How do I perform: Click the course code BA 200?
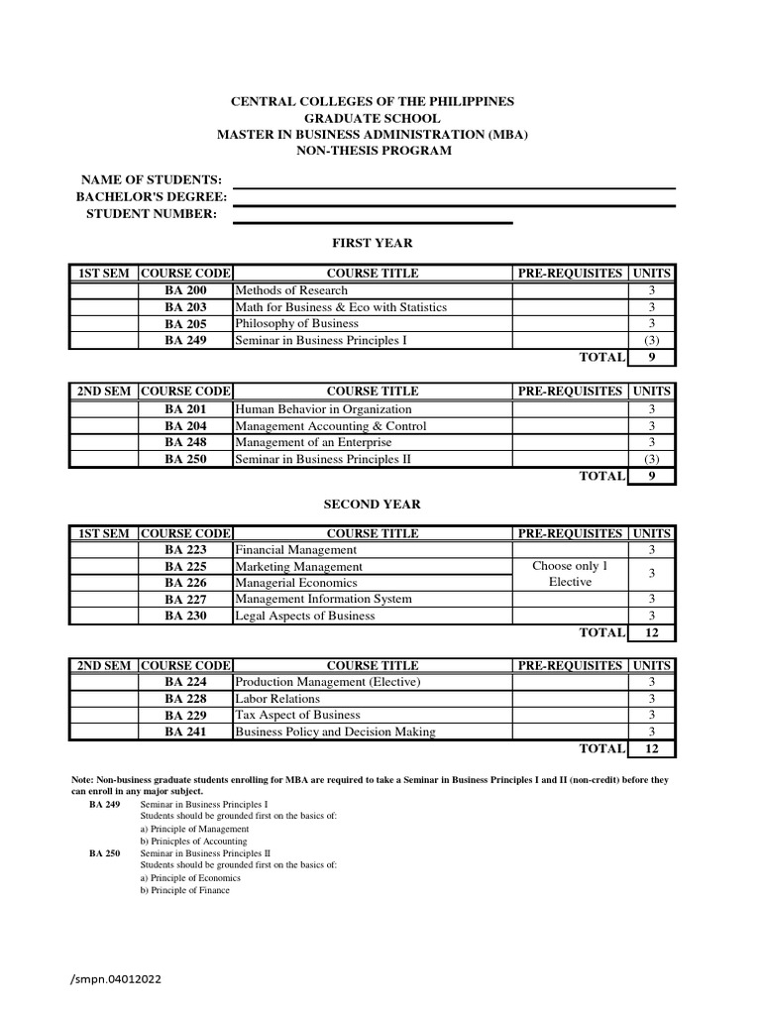click(185, 290)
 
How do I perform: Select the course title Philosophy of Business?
click(296, 324)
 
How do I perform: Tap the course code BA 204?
click(185, 426)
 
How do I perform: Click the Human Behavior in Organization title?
click(322, 409)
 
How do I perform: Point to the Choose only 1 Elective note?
click(570, 574)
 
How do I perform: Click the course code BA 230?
click(185, 616)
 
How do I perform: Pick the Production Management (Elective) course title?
click(327, 682)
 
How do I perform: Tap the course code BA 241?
click(185, 733)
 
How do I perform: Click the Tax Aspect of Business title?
click(297, 715)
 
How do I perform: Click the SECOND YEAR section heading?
click(372, 505)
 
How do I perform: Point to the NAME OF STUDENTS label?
click(151, 179)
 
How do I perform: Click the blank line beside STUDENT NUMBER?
click(373, 222)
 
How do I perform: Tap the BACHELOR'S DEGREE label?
click(152, 197)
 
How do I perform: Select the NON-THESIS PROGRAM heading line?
click(373, 151)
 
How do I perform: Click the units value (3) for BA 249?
click(651, 341)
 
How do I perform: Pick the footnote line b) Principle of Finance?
click(184, 890)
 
